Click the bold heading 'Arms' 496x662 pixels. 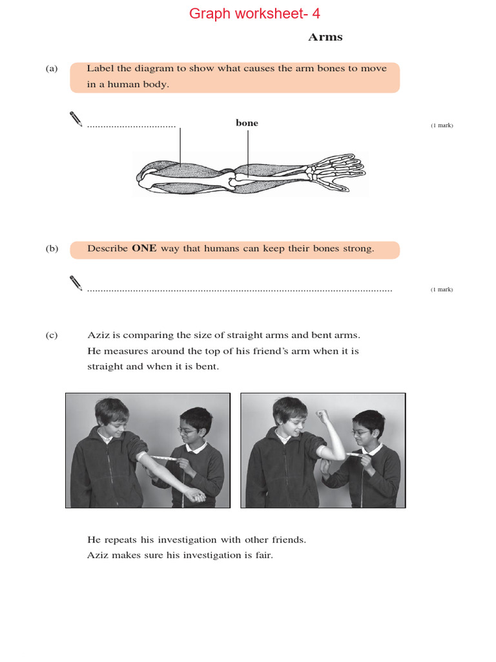coord(325,37)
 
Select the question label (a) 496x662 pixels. coord(52,69)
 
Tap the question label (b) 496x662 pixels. coord(52,248)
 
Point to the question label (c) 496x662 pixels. coord(52,335)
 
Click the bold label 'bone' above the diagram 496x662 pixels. coord(247,123)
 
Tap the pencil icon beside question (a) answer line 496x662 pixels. coord(76,119)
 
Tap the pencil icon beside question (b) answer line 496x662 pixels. coord(76,283)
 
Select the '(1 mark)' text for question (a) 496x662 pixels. coord(442,125)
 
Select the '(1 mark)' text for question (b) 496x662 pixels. coord(442,290)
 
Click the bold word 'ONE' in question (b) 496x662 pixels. coord(144,248)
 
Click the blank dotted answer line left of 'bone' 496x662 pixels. coord(132,125)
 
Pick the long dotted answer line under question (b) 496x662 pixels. coord(240,290)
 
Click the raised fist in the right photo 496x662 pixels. coord(322,416)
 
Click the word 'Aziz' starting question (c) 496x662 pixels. coord(98,335)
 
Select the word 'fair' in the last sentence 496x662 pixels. coord(262,555)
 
